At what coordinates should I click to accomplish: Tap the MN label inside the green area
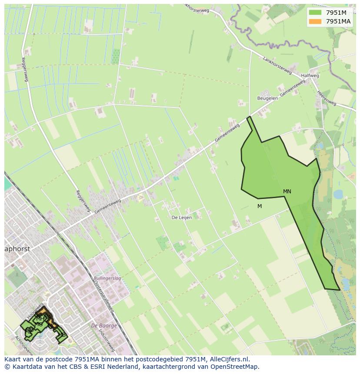287,192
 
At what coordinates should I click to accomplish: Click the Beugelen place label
267,98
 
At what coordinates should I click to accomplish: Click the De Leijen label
181,218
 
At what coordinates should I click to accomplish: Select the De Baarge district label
104,326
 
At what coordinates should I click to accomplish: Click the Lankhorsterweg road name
277,65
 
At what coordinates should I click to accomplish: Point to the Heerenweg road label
327,98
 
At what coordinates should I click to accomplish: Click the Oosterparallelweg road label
104,296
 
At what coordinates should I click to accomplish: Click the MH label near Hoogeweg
40,319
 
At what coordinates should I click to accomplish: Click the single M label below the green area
260,206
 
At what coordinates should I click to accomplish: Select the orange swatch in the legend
315,21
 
